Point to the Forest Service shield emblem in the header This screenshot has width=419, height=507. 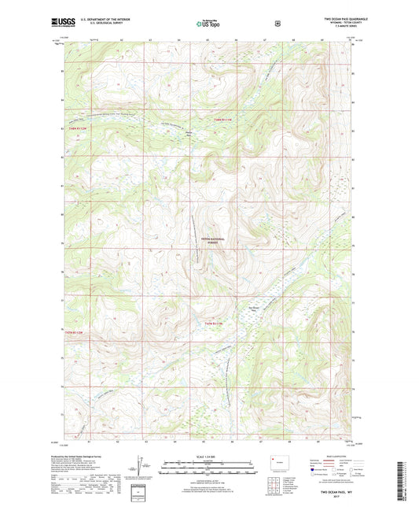(x=277, y=24)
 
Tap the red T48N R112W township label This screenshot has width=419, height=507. (x=77, y=130)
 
